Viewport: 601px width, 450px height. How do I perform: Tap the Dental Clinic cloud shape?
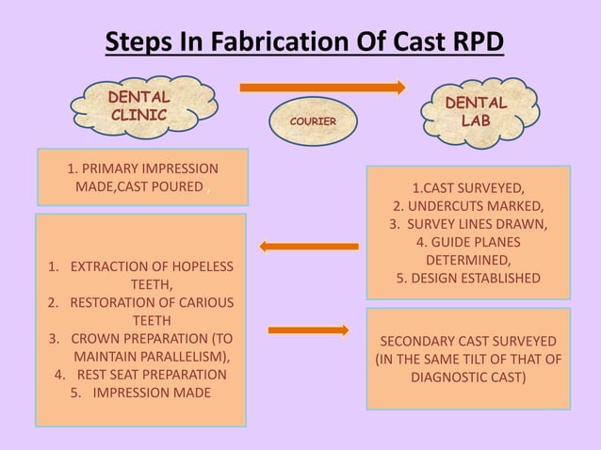(139, 106)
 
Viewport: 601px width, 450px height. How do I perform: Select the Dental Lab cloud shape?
(476, 111)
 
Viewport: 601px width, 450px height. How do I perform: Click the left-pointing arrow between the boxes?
(308, 247)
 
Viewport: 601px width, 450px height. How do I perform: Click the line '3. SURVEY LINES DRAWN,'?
(468, 224)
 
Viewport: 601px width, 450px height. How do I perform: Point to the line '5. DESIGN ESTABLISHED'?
(468, 278)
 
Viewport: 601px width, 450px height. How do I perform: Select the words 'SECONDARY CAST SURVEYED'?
(468, 341)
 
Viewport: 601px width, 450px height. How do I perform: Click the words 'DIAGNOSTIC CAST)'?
(469, 377)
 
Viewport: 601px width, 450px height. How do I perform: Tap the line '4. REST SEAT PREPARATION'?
(140, 375)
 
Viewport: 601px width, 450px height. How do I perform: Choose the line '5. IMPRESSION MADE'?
(140, 393)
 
